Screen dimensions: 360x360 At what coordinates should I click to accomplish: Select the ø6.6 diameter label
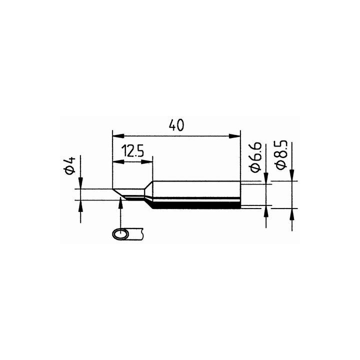click(x=254, y=156)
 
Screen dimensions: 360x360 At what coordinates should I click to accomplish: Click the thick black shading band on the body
click(x=195, y=204)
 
